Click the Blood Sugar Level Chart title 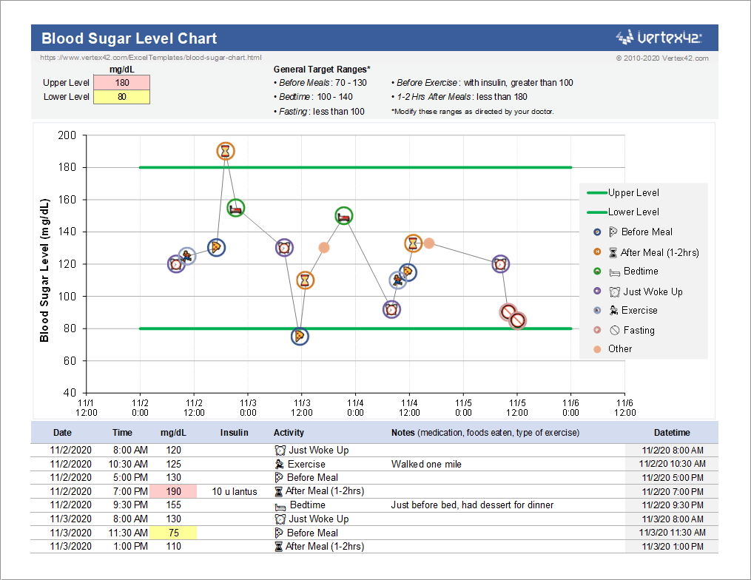click(x=129, y=38)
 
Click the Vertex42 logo click(x=659, y=37)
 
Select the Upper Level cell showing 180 click(x=121, y=83)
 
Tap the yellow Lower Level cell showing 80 click(x=121, y=97)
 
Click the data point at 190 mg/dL click(x=226, y=151)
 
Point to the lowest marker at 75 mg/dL click(x=299, y=337)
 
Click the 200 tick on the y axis click(x=67, y=135)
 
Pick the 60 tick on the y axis click(x=70, y=361)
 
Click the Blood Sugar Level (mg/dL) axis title click(x=44, y=270)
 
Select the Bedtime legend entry click(x=640, y=272)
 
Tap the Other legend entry click(x=619, y=349)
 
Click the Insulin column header click(x=234, y=433)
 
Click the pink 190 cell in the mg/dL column click(x=173, y=491)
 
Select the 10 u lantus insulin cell click(x=234, y=491)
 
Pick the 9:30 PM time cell click(x=130, y=505)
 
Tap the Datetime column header click(x=671, y=433)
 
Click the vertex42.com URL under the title click(x=150, y=58)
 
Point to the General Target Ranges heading click(x=322, y=70)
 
